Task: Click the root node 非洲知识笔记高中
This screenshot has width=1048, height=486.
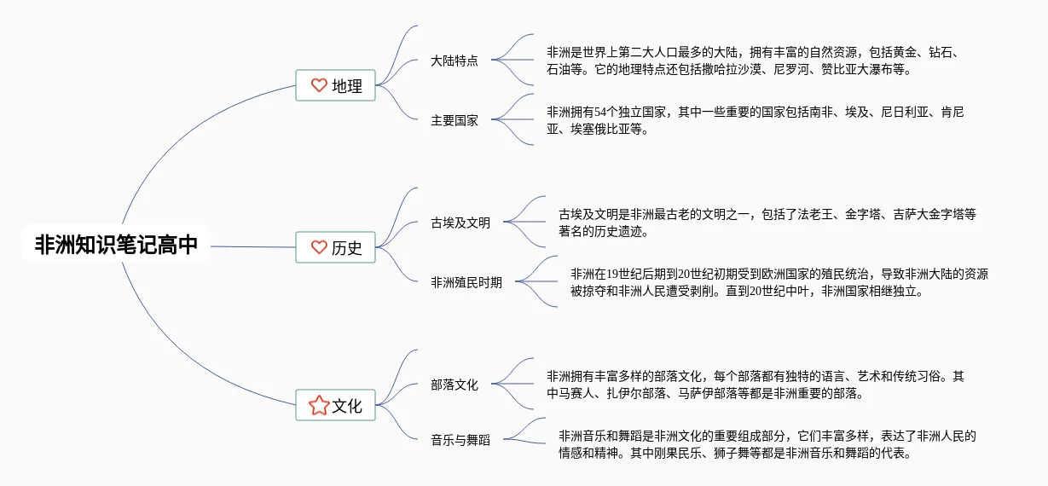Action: [116, 246]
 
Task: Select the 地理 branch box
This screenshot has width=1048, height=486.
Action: [335, 85]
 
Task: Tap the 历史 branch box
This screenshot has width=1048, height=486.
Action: [335, 247]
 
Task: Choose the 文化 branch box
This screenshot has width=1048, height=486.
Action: [335, 406]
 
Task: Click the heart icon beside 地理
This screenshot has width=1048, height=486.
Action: [319, 85]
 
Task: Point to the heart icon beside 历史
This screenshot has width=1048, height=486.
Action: [319, 247]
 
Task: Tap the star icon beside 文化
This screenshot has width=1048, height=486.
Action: [319, 406]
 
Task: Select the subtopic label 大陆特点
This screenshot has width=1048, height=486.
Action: [455, 61]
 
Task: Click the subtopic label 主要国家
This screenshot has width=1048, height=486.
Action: [455, 120]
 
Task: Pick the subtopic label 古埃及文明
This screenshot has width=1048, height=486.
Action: [460, 223]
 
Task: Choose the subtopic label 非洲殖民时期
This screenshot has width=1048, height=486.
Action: [466, 282]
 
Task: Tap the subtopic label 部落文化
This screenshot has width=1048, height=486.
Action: [455, 385]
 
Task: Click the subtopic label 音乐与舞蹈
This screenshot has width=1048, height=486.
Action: [460, 440]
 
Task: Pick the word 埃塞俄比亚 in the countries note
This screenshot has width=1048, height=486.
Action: [595, 130]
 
